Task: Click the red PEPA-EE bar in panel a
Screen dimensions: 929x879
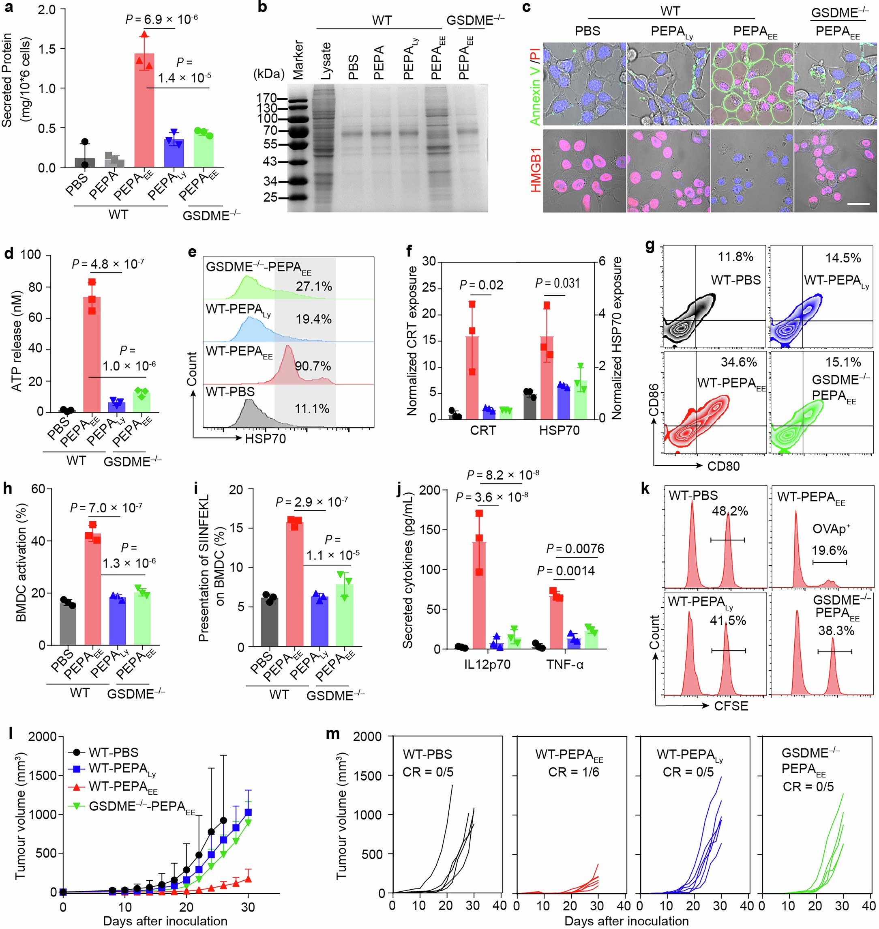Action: (144, 111)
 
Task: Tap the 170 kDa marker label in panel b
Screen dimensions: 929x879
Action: (267, 99)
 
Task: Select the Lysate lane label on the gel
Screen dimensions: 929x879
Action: (326, 61)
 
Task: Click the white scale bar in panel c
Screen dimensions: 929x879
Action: (858, 204)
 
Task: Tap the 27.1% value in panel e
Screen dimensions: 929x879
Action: (313, 286)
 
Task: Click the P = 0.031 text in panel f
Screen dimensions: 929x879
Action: (557, 283)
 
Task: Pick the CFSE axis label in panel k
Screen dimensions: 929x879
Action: (731, 705)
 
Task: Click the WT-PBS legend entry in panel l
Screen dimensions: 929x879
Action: (113, 752)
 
